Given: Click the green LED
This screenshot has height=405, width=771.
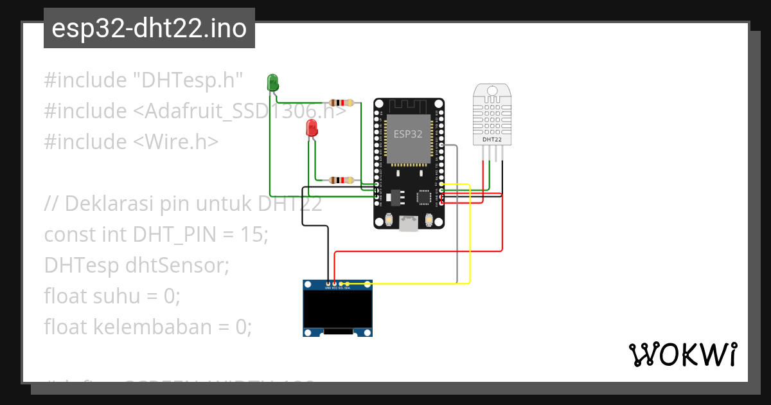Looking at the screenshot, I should (272, 82).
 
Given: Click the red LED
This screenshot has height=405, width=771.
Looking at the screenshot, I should (312, 127).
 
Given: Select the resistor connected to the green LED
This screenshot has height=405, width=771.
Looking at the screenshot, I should (341, 103).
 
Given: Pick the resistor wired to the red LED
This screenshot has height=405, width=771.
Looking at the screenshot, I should (341, 181).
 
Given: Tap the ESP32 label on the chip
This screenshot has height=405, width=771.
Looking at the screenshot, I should (408, 134).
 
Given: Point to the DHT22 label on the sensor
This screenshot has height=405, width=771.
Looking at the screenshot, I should (492, 139).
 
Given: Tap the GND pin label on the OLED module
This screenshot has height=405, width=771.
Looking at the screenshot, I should (328, 288).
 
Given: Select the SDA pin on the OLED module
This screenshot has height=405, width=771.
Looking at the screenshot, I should (347, 287).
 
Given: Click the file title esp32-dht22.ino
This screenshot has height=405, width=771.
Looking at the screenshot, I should (149, 29).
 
